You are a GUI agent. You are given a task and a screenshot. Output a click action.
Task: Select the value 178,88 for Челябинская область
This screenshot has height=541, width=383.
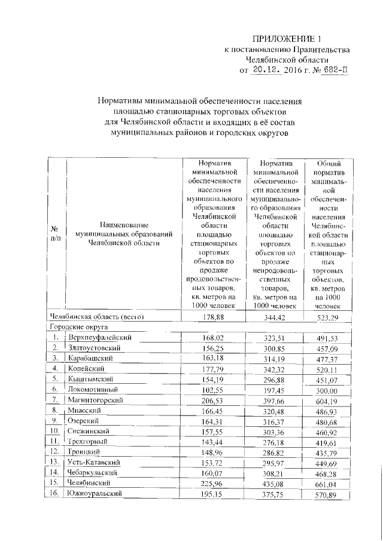(213, 316)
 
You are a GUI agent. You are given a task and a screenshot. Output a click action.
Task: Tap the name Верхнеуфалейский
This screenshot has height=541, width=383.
(100, 338)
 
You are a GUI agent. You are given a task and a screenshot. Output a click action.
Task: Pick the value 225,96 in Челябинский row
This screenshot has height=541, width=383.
(213, 482)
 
